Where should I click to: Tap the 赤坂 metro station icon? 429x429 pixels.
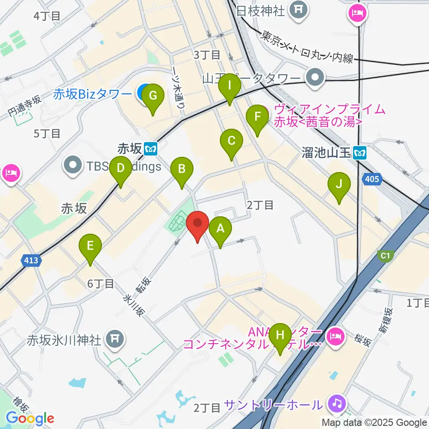[x=152, y=148]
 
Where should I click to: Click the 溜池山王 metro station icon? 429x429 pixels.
[x=360, y=153]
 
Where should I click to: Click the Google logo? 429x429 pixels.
[x=30, y=418]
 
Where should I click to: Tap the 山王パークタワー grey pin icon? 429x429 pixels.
[x=316, y=78]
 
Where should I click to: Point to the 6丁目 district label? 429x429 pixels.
[x=101, y=283]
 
